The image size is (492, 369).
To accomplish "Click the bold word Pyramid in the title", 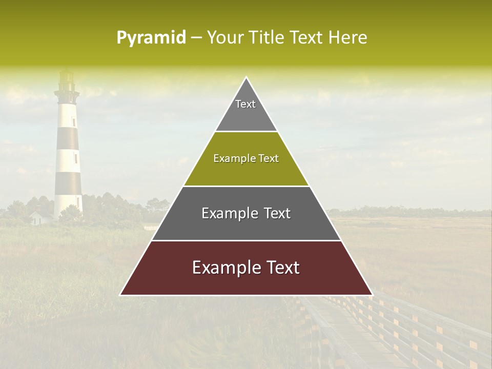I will coord(151,38).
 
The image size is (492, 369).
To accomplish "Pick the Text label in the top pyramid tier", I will coord(245,104).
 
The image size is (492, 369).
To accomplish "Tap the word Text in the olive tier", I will coord(269,159).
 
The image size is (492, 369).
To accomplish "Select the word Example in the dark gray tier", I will coord(225,213).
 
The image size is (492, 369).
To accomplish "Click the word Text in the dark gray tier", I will coord(277,213).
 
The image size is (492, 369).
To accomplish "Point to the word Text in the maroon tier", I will coord(283,268).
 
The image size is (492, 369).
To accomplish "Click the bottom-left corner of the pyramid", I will coord(120,295).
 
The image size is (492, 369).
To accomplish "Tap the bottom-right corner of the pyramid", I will coord(372,295).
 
